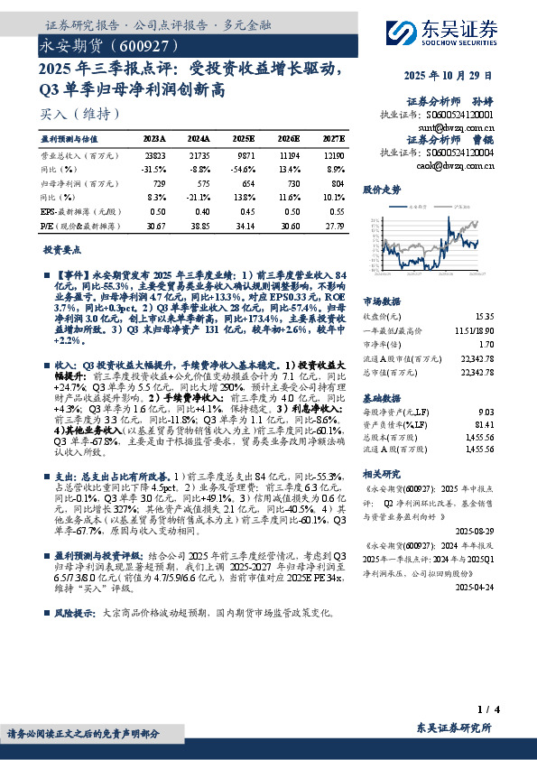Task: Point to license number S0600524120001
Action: pos(460,116)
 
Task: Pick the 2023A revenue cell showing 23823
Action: pos(155,155)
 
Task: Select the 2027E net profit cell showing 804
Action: pos(334,183)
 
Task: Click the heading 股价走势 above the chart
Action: pos(381,190)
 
